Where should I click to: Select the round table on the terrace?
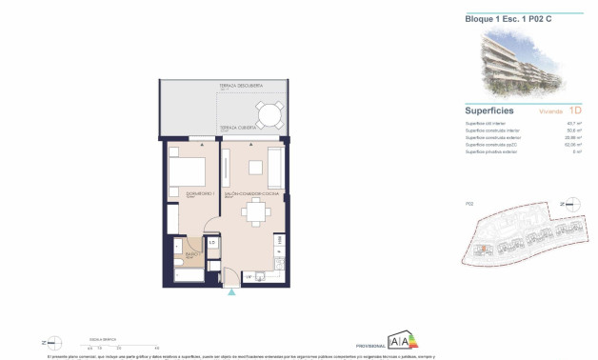(x=270, y=115)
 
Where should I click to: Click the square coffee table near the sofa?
(x=256, y=168)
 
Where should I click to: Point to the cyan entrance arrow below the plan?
(x=229, y=293)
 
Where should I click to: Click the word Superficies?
(x=489, y=111)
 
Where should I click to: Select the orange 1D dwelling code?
(x=575, y=111)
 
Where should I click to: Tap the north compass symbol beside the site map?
(x=570, y=204)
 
